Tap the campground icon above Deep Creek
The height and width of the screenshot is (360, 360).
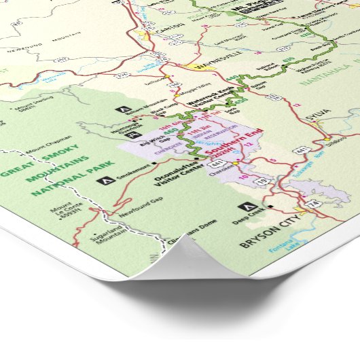pyautogui.click(x=243, y=206)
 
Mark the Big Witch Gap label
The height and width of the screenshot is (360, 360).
pyautogui.click(x=152, y=145)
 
